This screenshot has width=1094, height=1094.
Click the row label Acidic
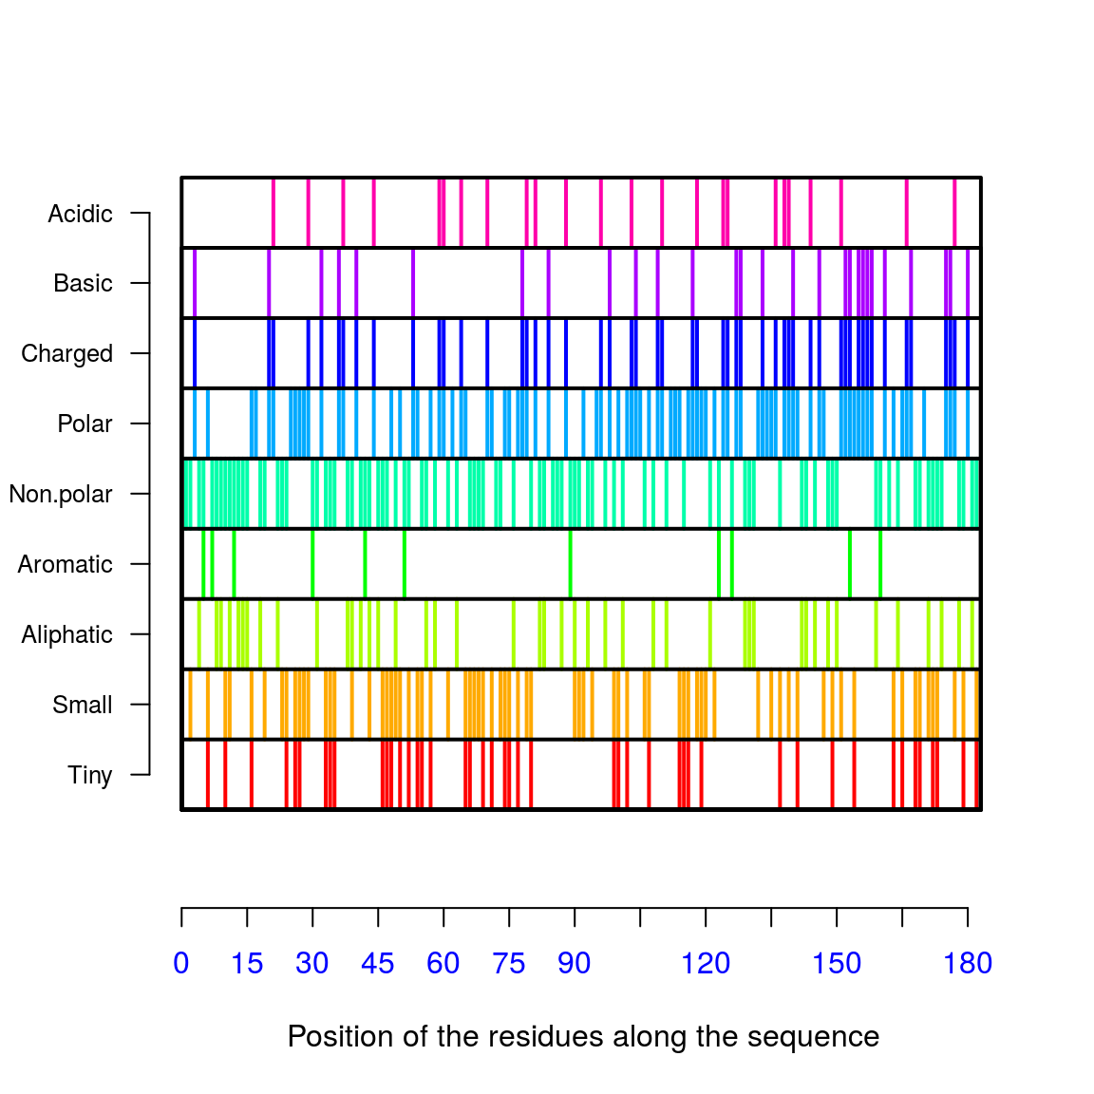click(80, 214)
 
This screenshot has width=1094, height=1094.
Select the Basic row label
click(83, 283)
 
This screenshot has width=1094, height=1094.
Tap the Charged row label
click(66, 353)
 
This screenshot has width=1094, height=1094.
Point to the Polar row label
click(85, 424)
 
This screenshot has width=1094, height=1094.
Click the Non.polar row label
click(61, 494)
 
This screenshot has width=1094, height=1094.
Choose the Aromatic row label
click(65, 564)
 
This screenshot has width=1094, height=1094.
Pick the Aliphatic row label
click(66, 634)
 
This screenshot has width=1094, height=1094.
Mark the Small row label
click(82, 705)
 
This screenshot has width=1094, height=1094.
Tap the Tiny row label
click(89, 775)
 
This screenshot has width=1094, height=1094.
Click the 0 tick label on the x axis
click(181, 963)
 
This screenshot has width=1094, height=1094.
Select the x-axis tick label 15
click(247, 963)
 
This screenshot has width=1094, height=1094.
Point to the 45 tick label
click(378, 963)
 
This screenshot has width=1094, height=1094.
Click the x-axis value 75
click(509, 963)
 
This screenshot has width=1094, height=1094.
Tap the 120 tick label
click(706, 963)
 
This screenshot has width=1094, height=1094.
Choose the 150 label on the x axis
click(837, 963)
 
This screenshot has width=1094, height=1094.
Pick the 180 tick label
click(968, 963)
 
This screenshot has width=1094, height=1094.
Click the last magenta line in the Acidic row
click(954, 212)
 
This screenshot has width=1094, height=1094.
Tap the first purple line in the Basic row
click(195, 282)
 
